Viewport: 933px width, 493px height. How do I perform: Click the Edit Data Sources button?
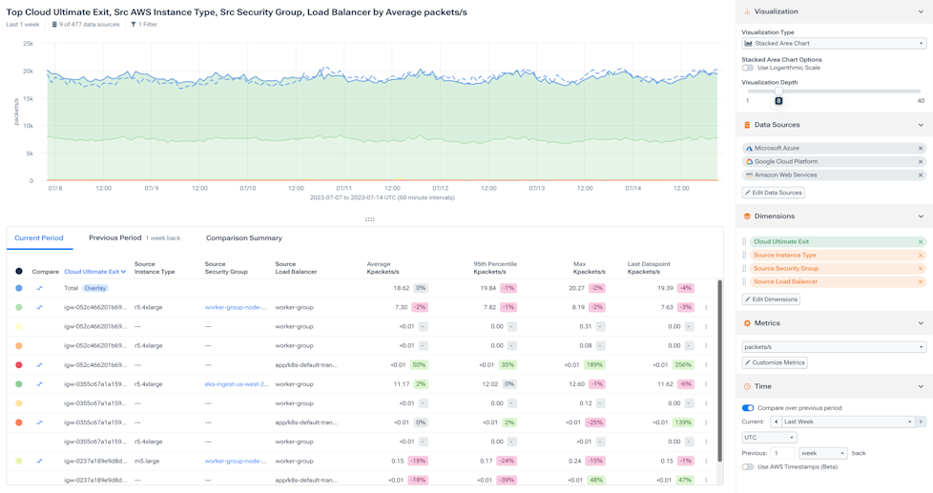[x=774, y=193]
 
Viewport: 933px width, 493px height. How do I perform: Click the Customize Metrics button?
[x=775, y=362]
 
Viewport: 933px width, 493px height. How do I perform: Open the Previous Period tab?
[x=114, y=238]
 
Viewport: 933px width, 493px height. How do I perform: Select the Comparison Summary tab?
[x=243, y=238]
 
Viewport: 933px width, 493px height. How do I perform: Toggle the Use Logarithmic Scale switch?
[x=748, y=68]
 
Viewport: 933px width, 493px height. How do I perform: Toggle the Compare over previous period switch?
[x=748, y=408]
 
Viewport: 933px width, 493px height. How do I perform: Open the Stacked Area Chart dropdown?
[x=833, y=43]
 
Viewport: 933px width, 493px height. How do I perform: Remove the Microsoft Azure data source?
[x=921, y=149]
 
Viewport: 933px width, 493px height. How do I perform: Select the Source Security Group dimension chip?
[x=785, y=269]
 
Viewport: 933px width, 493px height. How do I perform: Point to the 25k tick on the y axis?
[x=28, y=44]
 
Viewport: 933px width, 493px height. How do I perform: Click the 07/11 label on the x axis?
[x=343, y=189]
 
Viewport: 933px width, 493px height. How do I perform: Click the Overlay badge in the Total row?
[x=94, y=288]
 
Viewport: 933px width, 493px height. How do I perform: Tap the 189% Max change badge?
[x=596, y=365]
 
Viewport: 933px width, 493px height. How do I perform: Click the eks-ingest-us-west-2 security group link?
[x=237, y=384]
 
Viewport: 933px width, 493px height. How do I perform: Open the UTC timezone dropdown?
[x=769, y=438]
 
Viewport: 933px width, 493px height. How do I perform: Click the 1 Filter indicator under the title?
[x=144, y=25]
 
